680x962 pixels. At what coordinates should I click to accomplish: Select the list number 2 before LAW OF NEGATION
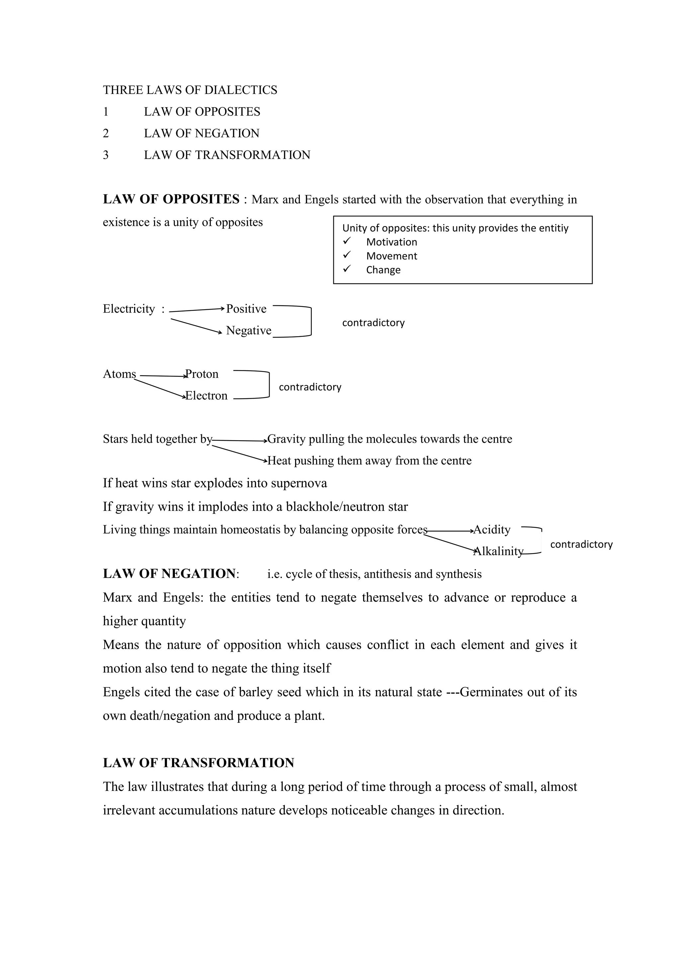[x=106, y=133]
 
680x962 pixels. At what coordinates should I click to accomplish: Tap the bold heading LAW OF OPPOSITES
[x=171, y=199]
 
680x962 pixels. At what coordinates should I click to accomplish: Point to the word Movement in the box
[x=391, y=256]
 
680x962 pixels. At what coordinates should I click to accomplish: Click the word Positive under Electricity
[x=246, y=309]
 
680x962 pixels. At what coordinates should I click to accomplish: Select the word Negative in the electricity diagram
[x=249, y=331]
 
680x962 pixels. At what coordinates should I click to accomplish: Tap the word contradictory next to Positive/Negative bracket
[x=373, y=323]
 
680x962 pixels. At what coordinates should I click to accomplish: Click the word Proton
[x=202, y=374]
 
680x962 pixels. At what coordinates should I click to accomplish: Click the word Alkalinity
[x=498, y=551]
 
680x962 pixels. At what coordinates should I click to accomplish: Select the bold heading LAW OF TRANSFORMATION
[x=199, y=763]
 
